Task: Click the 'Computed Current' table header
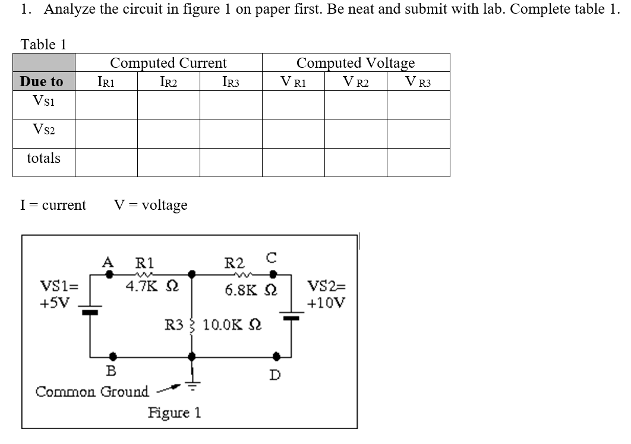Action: (x=168, y=63)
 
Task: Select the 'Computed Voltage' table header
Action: (x=355, y=63)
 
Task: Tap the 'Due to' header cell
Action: (x=42, y=81)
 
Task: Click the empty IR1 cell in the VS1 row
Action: (x=106, y=105)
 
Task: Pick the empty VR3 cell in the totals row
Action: (x=418, y=162)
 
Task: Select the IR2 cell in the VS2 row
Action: (x=168, y=133)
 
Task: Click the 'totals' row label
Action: (x=43, y=159)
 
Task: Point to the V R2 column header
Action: (x=355, y=82)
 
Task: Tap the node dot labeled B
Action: (x=112, y=357)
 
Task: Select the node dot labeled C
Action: (x=273, y=275)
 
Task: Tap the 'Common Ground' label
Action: (x=92, y=392)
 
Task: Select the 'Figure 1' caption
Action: (x=174, y=412)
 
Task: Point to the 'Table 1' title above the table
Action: (x=43, y=44)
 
